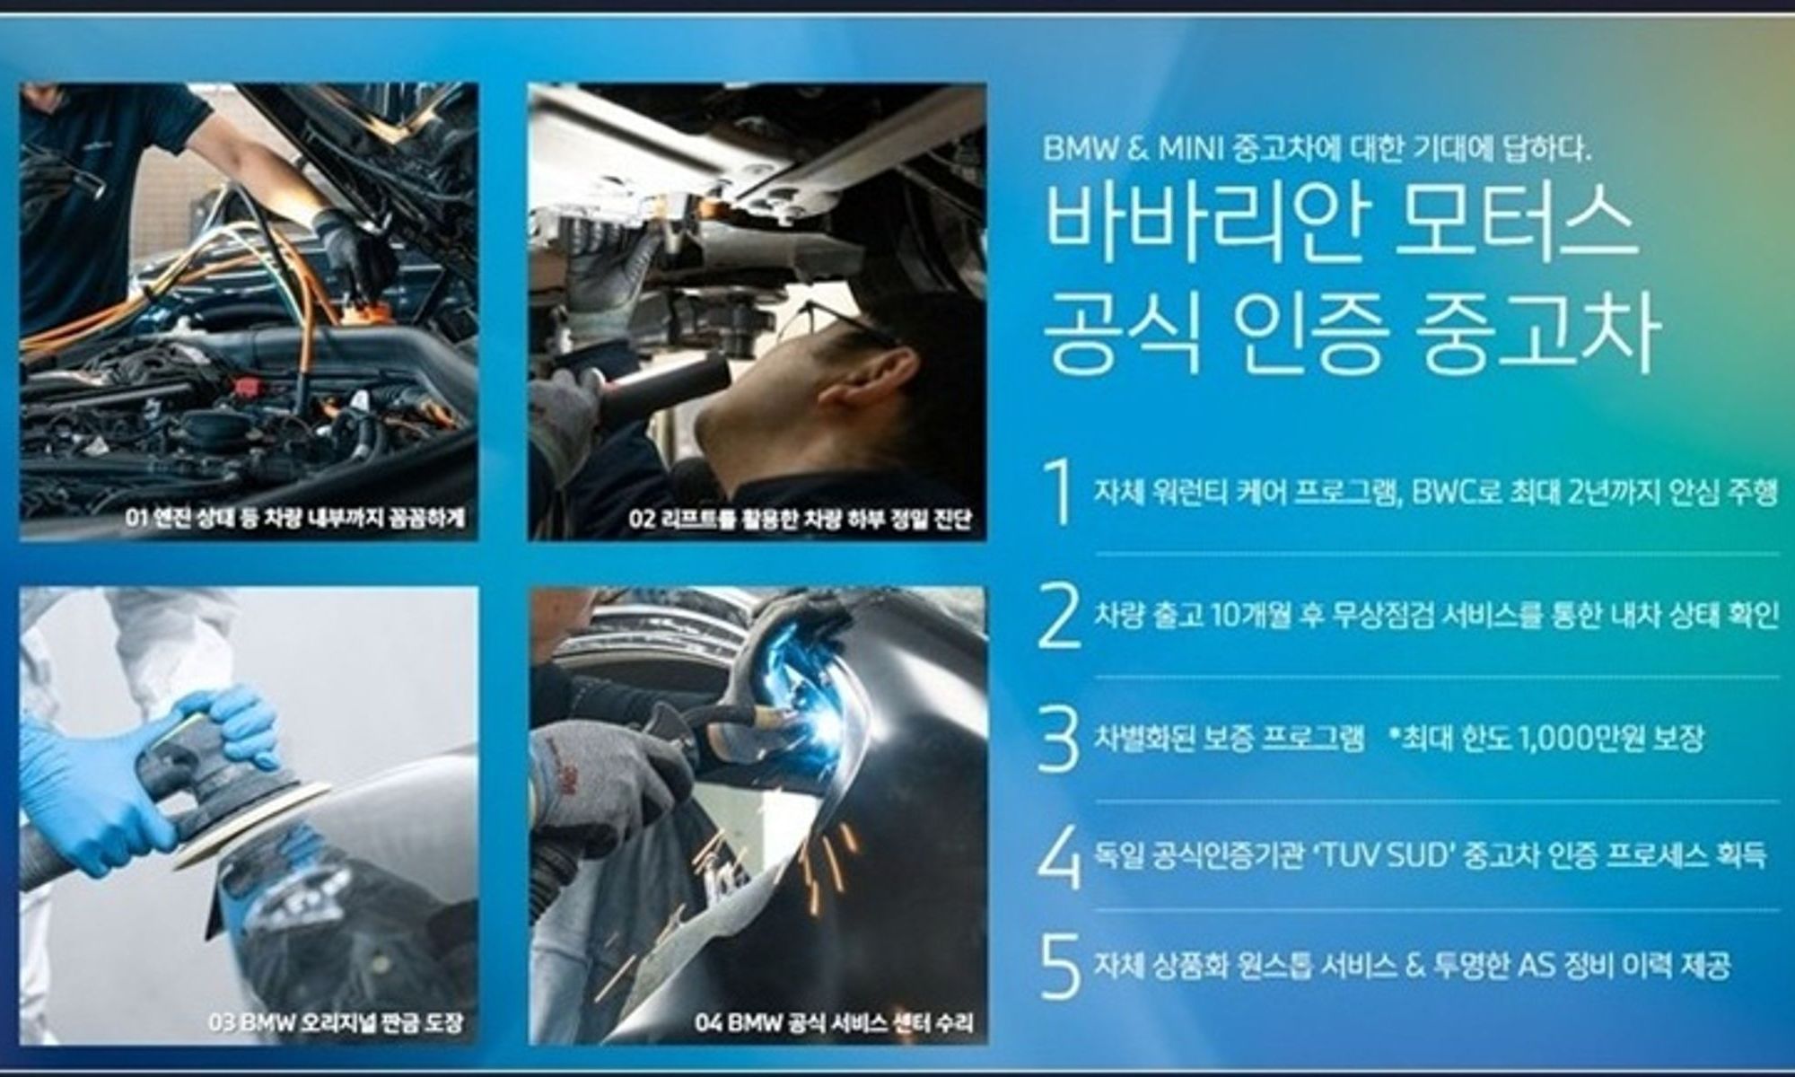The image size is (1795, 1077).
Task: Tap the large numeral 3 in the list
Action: click(1059, 740)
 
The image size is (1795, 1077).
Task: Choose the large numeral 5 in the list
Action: click(1060, 968)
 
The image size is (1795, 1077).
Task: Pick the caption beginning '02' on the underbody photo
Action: click(800, 519)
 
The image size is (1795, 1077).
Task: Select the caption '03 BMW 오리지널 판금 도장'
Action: click(336, 1022)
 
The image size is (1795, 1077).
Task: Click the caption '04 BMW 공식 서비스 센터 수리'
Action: click(834, 1022)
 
